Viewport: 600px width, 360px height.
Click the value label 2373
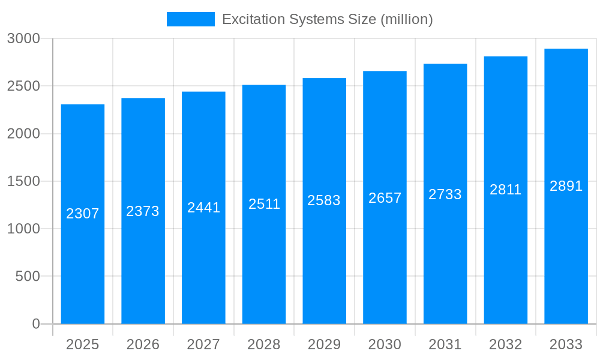[143, 211]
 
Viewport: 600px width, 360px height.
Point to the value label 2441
[204, 208]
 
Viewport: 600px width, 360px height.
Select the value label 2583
[324, 200]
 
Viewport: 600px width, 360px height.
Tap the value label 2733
[445, 194]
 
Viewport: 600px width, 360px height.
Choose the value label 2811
[506, 190]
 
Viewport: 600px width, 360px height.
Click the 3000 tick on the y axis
[23, 38]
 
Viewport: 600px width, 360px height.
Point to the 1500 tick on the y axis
[23, 181]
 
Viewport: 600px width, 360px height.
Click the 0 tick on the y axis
[35, 324]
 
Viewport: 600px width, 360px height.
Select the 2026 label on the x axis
[143, 344]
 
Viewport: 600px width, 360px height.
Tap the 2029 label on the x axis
[324, 344]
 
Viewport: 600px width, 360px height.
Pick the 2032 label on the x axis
[506, 344]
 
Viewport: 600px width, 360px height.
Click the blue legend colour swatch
[190, 19]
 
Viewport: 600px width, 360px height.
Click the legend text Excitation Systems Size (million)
[328, 19]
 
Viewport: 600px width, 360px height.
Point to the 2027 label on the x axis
[203, 344]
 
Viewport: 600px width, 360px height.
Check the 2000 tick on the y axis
[23, 134]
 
